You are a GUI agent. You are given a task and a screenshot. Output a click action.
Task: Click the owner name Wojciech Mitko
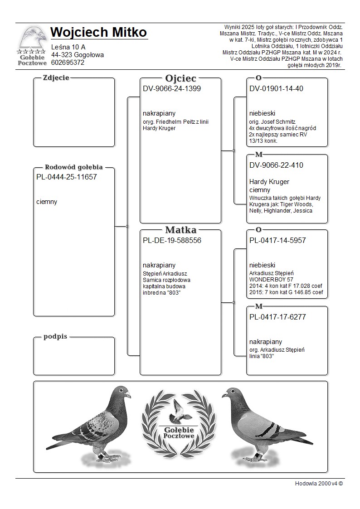99,33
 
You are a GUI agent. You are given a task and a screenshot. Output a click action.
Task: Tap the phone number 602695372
68,63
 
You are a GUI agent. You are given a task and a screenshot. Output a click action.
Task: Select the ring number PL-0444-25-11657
67,177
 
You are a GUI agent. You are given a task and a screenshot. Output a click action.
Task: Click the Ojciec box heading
180,78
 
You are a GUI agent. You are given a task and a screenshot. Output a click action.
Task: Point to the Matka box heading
180,230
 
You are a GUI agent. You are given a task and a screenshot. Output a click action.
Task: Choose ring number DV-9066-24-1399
172,88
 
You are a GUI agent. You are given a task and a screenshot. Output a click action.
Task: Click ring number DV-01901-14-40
276,88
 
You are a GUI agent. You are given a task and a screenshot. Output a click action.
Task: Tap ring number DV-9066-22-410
276,165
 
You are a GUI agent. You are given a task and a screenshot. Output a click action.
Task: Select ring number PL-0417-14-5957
277,240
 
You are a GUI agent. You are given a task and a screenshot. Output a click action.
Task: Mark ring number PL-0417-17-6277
277,317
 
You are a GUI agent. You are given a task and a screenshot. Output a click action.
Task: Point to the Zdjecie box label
56,78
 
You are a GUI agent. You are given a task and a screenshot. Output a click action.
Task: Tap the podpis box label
55,337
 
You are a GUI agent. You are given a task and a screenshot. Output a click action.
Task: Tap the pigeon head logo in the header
32,39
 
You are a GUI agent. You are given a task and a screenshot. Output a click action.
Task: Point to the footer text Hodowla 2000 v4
319,483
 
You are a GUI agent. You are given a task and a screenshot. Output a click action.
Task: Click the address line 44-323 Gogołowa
78,55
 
